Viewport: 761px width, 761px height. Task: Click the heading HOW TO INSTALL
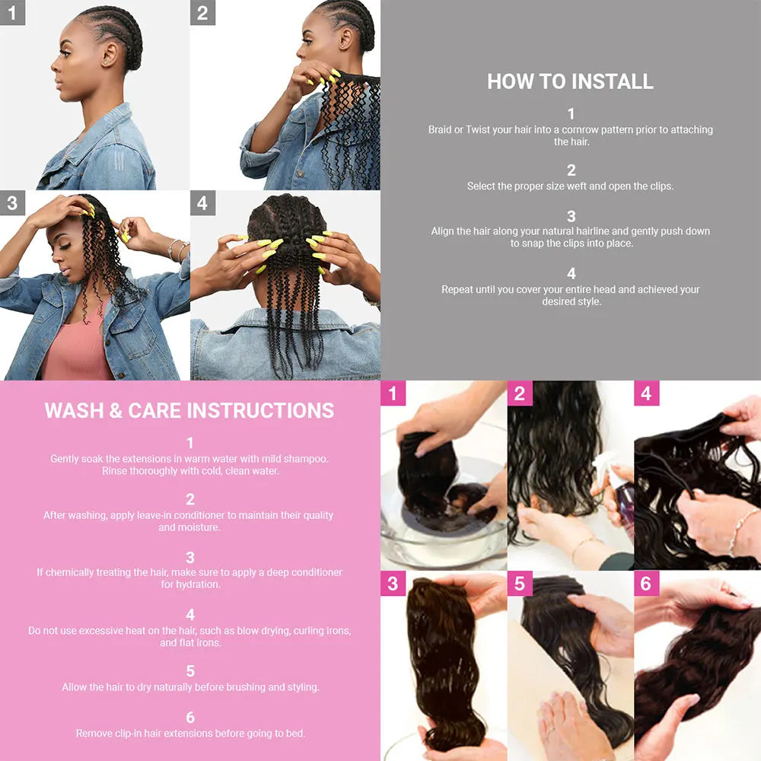click(570, 81)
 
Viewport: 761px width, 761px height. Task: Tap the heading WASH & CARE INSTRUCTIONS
click(189, 411)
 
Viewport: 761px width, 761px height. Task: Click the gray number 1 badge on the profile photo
click(12, 12)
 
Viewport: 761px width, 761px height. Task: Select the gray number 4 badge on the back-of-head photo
click(202, 203)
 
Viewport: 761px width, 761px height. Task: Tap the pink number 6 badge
click(646, 584)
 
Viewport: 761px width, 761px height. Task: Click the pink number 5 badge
click(520, 584)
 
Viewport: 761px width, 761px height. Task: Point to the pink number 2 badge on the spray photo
click(520, 393)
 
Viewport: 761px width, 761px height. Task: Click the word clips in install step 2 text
click(661, 186)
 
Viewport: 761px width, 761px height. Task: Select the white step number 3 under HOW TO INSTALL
click(572, 216)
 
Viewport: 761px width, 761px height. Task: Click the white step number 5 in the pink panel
click(190, 671)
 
